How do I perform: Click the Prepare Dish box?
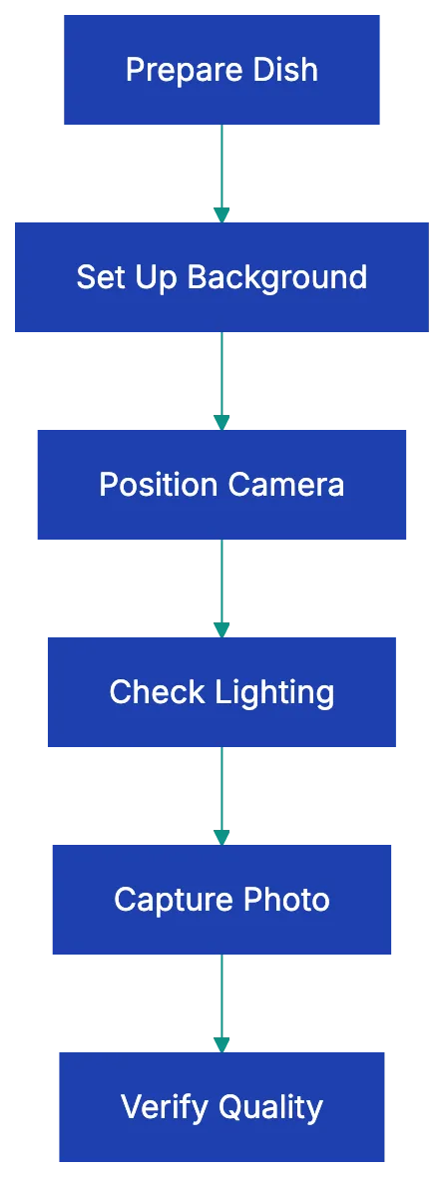(x=222, y=69)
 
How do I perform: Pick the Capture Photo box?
(x=222, y=899)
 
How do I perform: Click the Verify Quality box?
(x=221, y=1105)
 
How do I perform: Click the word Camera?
(x=285, y=485)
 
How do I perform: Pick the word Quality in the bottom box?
(x=270, y=1107)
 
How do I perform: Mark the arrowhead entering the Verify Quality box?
(x=221, y=1043)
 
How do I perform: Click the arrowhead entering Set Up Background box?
(x=221, y=213)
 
